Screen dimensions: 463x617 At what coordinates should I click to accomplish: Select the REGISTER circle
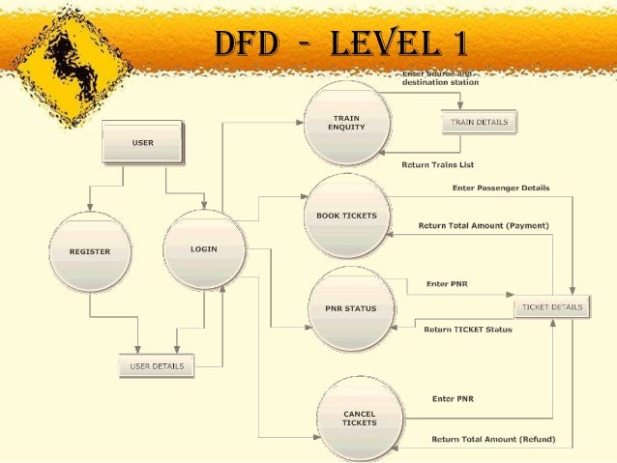89,252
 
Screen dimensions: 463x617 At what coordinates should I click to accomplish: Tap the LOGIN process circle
204,250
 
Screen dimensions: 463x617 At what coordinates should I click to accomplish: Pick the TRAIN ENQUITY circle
347,123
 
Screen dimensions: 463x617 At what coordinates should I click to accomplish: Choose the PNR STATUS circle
344,309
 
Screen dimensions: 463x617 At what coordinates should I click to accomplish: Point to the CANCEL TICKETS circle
359,419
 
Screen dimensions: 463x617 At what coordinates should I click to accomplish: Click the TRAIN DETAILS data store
480,123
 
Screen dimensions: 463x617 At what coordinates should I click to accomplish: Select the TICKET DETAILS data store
553,307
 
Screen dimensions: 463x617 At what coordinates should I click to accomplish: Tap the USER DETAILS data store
157,366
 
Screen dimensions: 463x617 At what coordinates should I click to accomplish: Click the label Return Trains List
437,165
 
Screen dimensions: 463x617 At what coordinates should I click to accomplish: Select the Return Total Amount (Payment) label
483,225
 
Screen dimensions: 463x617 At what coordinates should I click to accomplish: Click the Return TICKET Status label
467,330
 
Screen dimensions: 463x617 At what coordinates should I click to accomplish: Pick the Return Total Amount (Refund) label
493,439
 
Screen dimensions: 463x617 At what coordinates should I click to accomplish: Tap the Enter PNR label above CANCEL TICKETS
453,398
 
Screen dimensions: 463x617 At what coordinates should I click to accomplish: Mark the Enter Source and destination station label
440,78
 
